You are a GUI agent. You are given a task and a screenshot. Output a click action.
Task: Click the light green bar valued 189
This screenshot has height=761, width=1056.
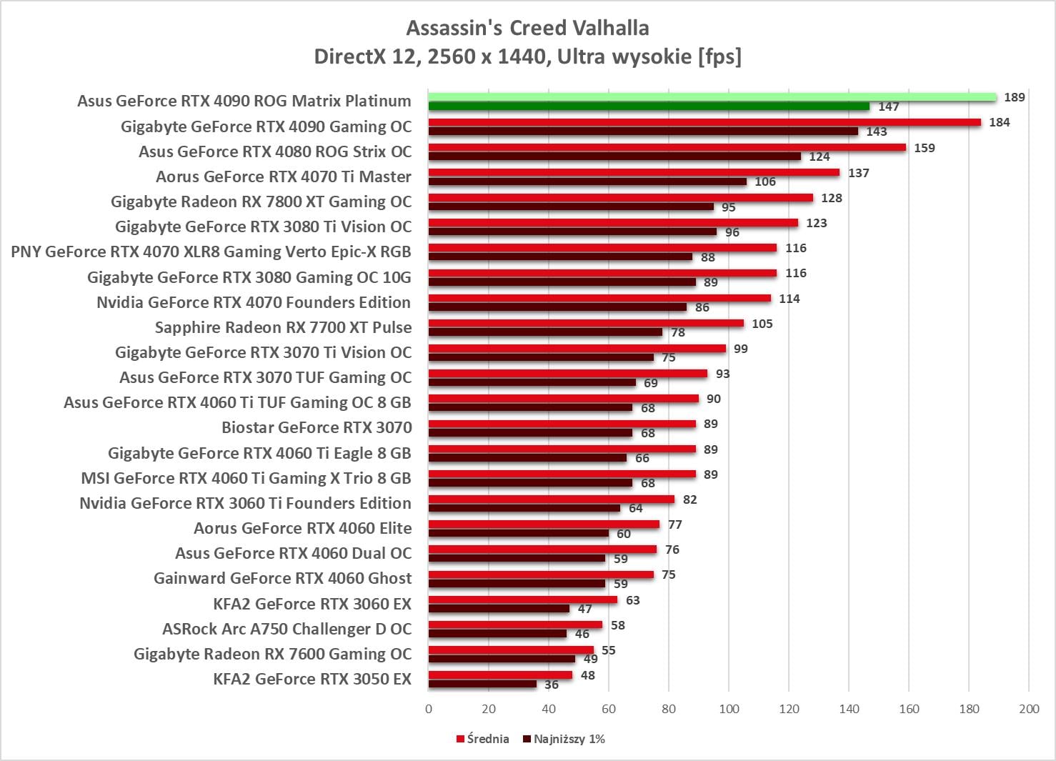(x=712, y=97)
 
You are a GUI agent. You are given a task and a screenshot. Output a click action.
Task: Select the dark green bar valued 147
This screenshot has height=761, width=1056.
(x=649, y=106)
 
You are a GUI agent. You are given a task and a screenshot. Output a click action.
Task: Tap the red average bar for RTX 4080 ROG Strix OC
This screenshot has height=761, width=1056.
(x=667, y=147)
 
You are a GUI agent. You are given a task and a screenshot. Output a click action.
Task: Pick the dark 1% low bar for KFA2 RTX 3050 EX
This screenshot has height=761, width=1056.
(x=482, y=685)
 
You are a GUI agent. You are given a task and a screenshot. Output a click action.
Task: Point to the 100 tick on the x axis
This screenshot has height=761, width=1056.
(x=729, y=709)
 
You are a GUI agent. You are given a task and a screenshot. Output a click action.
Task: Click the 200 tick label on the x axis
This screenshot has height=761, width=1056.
(x=1029, y=709)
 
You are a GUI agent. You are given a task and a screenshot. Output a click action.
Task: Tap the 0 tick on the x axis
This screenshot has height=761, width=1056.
(x=429, y=709)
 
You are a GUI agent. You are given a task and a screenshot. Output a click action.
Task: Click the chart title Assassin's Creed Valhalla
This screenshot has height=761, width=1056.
(x=527, y=28)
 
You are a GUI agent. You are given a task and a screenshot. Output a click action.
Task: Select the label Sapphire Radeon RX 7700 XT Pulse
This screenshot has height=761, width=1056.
(x=283, y=327)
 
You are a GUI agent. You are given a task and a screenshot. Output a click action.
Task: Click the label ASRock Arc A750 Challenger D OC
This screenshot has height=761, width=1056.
(x=287, y=629)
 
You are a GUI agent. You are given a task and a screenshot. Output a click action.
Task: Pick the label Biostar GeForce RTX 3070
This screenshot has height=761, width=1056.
(x=317, y=427)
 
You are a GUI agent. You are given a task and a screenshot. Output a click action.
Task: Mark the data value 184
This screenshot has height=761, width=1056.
(x=999, y=122)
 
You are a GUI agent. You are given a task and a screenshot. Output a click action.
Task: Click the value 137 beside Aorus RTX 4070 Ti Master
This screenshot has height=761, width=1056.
(x=858, y=173)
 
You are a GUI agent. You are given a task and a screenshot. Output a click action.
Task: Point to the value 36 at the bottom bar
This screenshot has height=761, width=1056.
(x=552, y=685)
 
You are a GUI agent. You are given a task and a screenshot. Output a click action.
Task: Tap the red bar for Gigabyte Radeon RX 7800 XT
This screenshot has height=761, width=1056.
(x=620, y=198)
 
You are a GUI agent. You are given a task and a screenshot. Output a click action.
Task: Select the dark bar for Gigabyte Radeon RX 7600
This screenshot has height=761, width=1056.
(x=502, y=659)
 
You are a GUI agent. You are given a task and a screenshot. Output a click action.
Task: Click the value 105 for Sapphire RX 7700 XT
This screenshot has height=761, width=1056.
(x=762, y=324)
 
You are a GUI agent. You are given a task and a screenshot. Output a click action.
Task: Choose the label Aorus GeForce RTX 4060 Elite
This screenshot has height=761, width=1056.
(x=302, y=528)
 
